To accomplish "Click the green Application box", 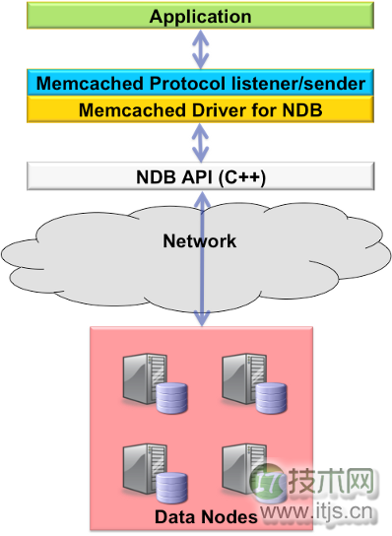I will pos(200,17).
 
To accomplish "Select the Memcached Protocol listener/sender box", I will pos(200,83).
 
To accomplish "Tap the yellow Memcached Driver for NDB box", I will pos(200,109).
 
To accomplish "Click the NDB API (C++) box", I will pos(200,177).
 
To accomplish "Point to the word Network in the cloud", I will pos(200,240).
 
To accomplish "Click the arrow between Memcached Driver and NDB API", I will pos(201,144).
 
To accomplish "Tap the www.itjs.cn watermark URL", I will pos(315,511).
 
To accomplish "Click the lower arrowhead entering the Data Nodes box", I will pos(201,320).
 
